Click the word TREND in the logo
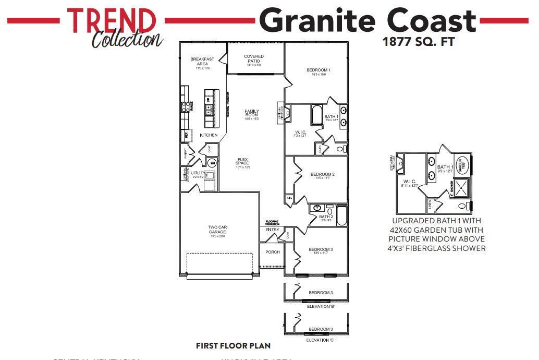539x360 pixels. [x=112, y=20]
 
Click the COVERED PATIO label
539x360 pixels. [x=254, y=58]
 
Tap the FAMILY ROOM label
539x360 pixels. [x=252, y=113]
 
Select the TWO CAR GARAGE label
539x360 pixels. [x=217, y=230]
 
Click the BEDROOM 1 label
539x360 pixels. [x=318, y=70]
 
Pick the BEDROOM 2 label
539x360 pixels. [x=322, y=174]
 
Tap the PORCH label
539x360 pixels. [x=273, y=252]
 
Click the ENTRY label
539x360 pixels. [x=272, y=230]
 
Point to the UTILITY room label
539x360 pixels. [x=197, y=173]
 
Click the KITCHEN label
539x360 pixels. [x=209, y=135]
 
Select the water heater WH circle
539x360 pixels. [x=212, y=163]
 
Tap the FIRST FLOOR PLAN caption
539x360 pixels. [x=233, y=345]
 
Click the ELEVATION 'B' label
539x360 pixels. [x=320, y=306]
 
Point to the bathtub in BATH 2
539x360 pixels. [x=341, y=215]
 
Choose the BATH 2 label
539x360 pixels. [x=326, y=217]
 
